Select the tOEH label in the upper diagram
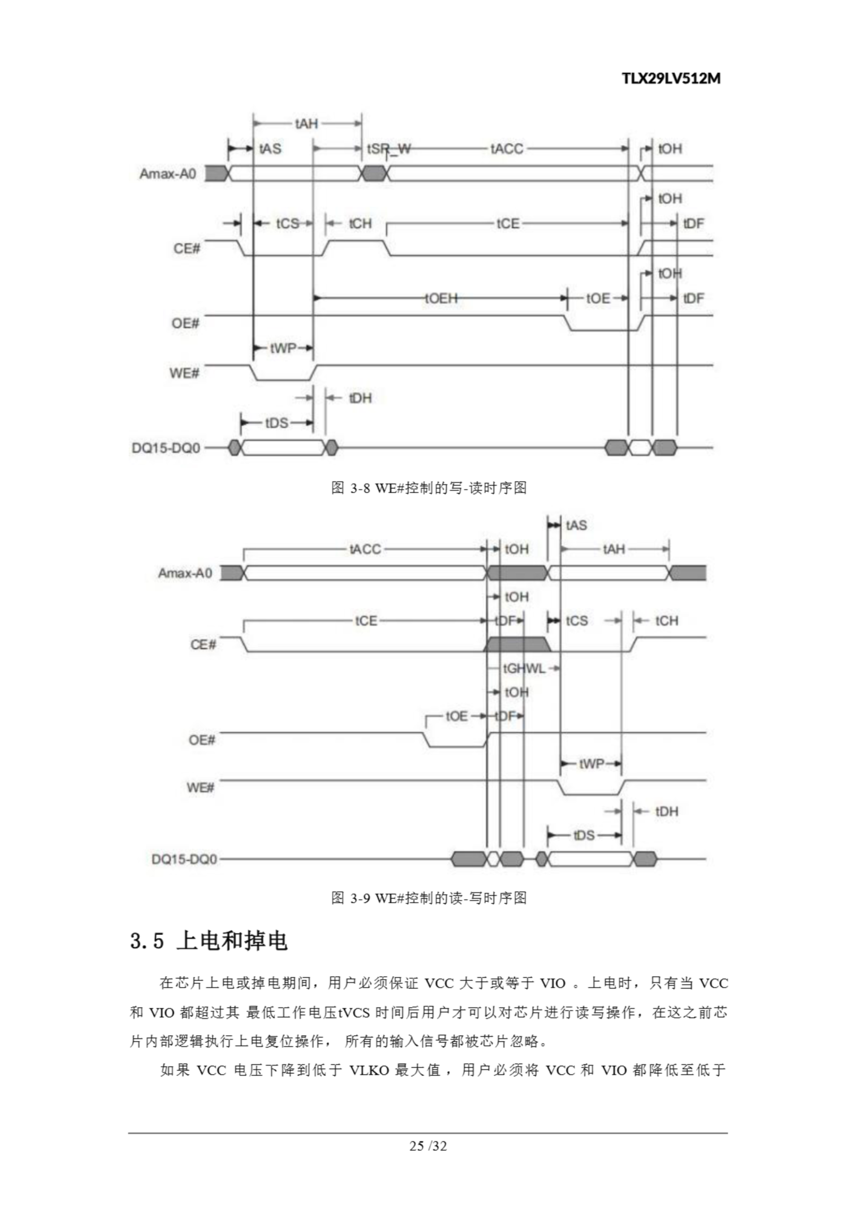click(x=441, y=298)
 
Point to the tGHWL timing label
click(x=524, y=669)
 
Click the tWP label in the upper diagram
click(x=283, y=348)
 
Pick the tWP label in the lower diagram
click(x=591, y=763)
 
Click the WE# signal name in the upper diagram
click(x=184, y=373)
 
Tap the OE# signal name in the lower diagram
click(x=201, y=740)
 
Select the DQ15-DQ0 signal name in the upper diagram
click(x=166, y=448)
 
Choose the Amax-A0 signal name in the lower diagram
click(x=184, y=573)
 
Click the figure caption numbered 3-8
click(x=428, y=488)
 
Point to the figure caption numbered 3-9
click(x=428, y=898)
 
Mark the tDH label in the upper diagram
click(x=360, y=398)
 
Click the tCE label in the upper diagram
click(x=507, y=224)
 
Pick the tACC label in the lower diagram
click(x=365, y=550)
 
